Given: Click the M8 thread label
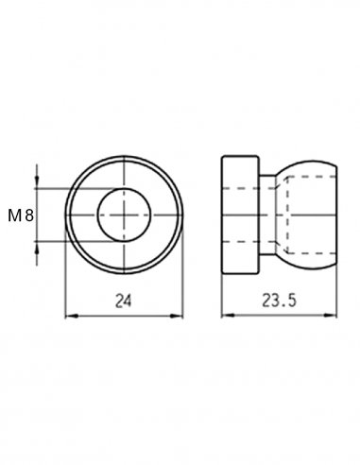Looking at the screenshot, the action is pyautogui.click(x=21, y=216).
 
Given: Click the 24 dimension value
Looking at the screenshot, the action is pyautogui.click(x=123, y=301).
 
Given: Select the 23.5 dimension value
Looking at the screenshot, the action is pyautogui.click(x=280, y=301).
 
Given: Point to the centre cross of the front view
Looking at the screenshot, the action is pyautogui.click(x=124, y=215).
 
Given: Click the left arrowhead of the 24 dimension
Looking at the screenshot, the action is pyautogui.click(x=71, y=316).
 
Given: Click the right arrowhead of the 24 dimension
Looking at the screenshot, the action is pyautogui.click(x=177, y=316).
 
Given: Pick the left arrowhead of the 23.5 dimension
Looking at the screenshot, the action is pyautogui.click(x=228, y=315).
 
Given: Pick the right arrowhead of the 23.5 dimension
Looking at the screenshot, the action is pyautogui.click(x=331, y=315).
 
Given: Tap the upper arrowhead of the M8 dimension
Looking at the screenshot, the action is pyautogui.click(x=37, y=182).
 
